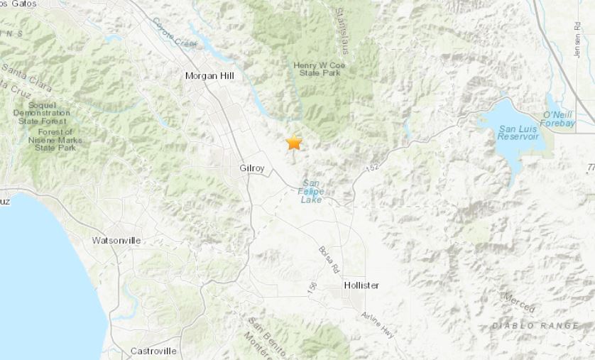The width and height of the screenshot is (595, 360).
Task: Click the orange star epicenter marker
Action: (294, 142)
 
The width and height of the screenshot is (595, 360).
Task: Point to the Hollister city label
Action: (361, 285)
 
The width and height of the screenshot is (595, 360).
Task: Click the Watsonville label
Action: (116, 241)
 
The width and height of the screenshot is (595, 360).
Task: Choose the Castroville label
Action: (153, 351)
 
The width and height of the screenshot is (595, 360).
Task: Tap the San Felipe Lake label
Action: (311, 191)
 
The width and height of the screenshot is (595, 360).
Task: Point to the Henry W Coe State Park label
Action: (317, 70)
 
